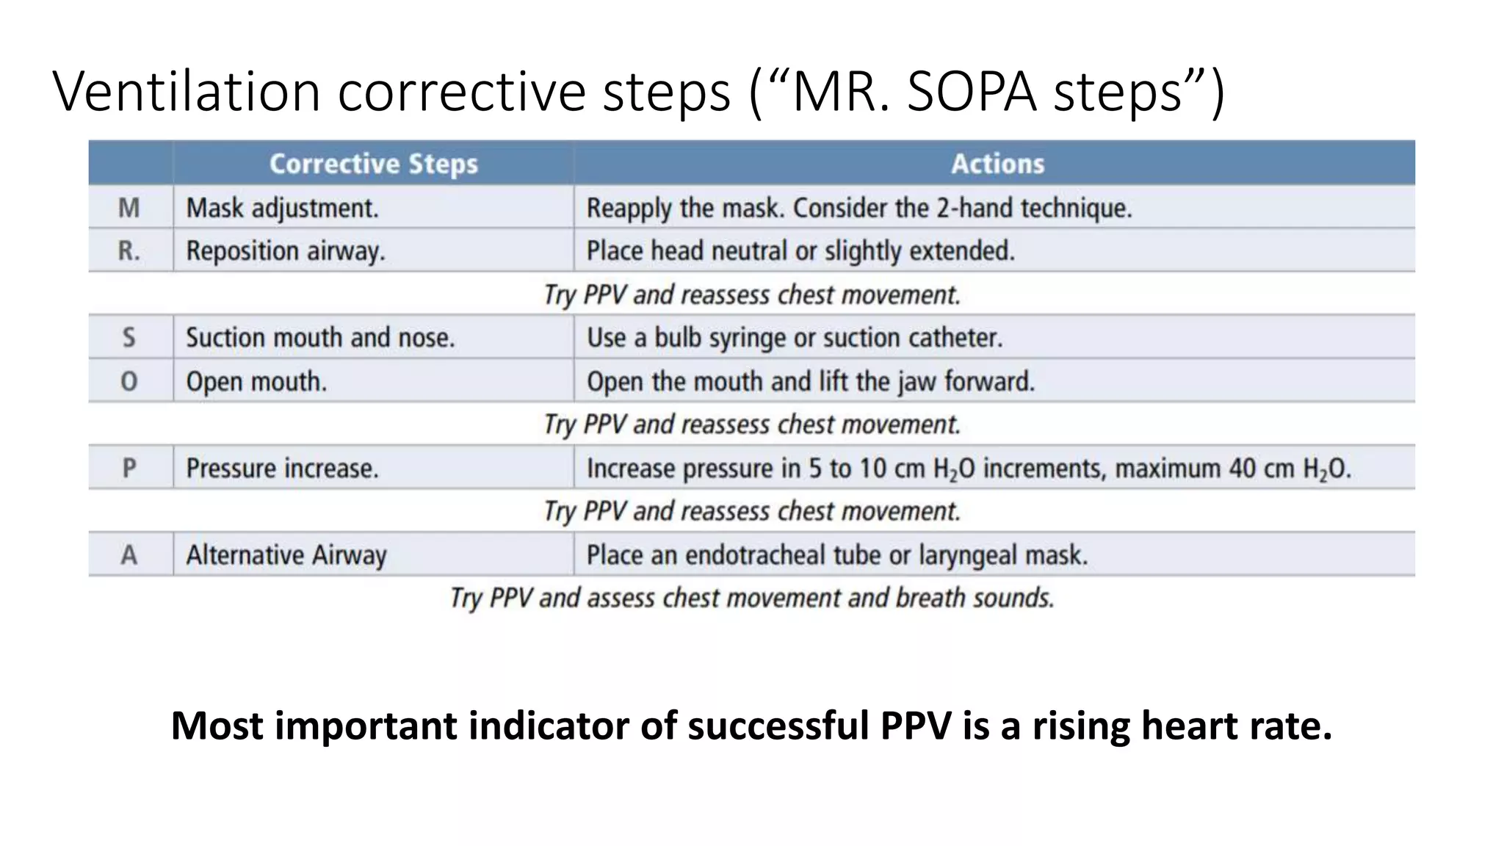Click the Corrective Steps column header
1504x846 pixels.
click(373, 163)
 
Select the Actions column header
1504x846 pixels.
click(997, 163)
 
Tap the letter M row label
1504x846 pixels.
click(129, 208)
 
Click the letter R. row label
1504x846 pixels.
click(129, 251)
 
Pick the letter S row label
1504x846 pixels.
click(129, 338)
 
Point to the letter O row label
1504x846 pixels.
click(129, 381)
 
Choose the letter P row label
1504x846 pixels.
click(129, 468)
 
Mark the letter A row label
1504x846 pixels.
click(129, 554)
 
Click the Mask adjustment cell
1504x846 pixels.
click(282, 208)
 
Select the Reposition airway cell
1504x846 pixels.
click(285, 251)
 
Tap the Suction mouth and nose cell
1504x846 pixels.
click(320, 338)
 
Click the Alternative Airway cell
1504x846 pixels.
click(286, 555)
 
